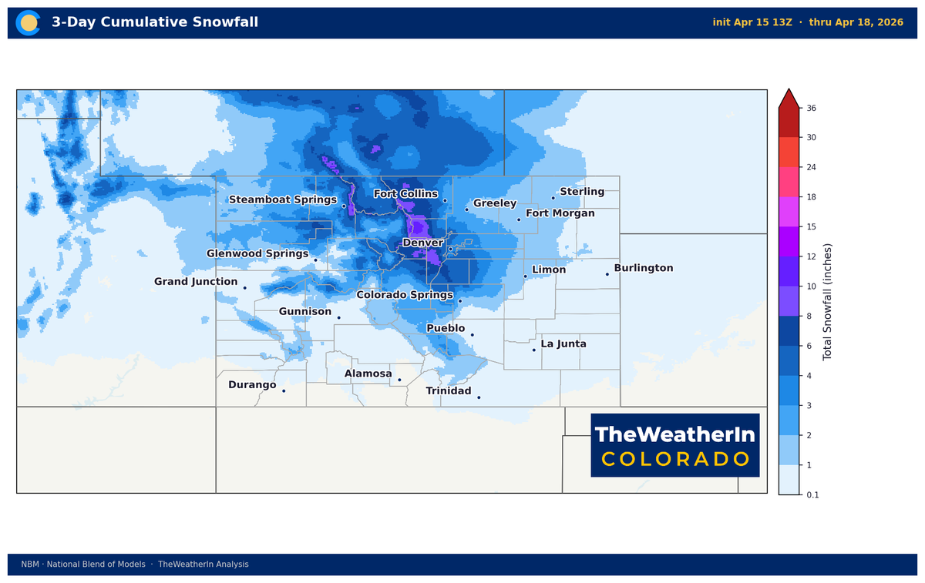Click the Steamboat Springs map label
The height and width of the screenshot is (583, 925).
coord(283,199)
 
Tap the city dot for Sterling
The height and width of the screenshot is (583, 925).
coord(553,198)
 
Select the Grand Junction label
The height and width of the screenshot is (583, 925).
coord(196,282)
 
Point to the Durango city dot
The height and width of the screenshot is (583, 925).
coord(284,390)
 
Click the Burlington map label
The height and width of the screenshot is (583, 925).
coord(644,268)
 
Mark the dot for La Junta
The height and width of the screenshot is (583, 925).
coord(533,350)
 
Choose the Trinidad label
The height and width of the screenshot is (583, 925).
coord(449,391)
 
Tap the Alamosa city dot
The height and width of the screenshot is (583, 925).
coord(399,380)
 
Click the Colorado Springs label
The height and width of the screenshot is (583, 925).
coord(405,295)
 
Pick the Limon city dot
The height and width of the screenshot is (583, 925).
coord(525,276)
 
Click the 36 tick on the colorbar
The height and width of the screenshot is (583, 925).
coord(811,109)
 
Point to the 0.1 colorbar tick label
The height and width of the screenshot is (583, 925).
coord(812,495)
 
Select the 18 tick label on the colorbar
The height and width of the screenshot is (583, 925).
coord(811,197)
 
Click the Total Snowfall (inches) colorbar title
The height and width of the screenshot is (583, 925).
coord(828,302)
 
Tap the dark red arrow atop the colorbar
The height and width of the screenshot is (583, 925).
coord(789,98)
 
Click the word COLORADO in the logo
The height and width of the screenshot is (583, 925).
coord(675,459)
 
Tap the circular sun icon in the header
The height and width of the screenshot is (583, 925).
coord(29,23)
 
